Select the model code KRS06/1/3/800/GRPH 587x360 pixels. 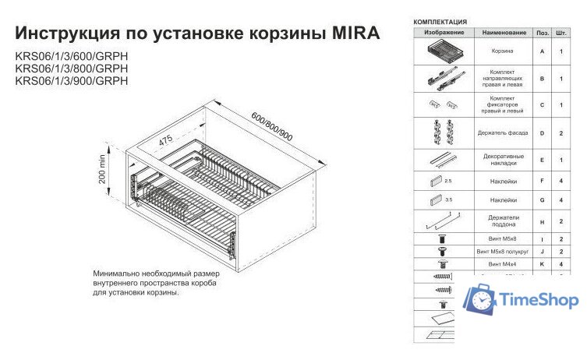coord(71,69)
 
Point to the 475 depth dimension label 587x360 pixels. coord(164,140)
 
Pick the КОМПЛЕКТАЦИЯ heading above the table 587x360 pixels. coord(440,21)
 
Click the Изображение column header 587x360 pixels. coord(444,33)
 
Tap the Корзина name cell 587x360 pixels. coord(501,51)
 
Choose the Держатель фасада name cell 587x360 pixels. coord(501,133)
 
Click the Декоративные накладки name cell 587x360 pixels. coord(501,160)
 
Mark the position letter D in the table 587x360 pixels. coord(542,133)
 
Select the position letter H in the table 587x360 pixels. coord(542,222)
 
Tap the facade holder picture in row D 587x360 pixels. coord(444,132)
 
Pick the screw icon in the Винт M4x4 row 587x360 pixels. coord(442,265)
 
